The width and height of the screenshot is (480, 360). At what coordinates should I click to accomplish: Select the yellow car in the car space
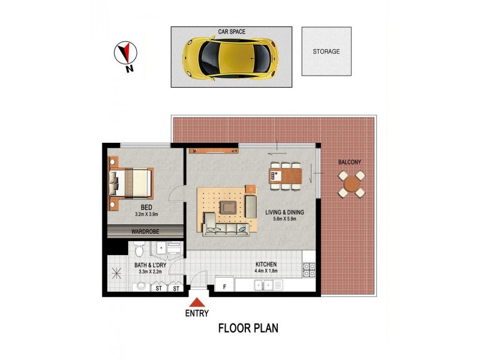(230, 57)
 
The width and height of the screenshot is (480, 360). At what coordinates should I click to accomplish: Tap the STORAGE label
(326, 52)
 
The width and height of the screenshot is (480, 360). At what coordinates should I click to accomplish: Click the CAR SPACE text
(232, 31)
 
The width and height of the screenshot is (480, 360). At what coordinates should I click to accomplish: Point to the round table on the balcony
(350, 184)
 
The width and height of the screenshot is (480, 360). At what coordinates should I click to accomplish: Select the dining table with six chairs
(286, 176)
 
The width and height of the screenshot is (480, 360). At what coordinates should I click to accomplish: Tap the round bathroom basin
(140, 287)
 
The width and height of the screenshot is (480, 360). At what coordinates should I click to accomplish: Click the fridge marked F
(224, 286)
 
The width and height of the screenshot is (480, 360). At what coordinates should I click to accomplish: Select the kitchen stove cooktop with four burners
(309, 271)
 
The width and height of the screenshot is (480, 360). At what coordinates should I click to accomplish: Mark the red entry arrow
(197, 302)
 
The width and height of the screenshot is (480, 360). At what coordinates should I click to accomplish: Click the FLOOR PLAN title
(248, 328)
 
